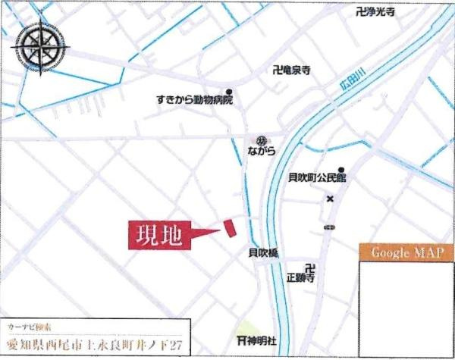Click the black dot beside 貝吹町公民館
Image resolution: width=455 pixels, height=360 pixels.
342,170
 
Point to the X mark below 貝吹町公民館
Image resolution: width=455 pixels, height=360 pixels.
330,199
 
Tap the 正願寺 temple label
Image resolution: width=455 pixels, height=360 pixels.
301,278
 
